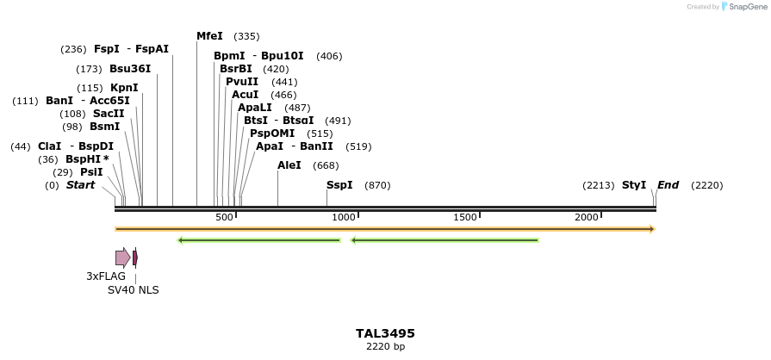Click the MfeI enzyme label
click(209, 36)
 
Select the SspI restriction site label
click(339, 185)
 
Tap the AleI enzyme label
click(289, 165)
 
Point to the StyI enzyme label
click(634, 185)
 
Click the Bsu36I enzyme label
click(130, 69)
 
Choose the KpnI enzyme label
click(124, 88)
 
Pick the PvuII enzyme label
click(242, 82)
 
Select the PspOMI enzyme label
click(272, 133)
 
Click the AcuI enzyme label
click(245, 95)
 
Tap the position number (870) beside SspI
click(377, 186)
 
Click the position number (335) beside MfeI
click(246, 37)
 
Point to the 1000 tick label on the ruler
click(344, 218)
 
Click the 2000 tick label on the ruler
click(587, 218)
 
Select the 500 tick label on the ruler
click(224, 218)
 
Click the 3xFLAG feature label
click(106, 276)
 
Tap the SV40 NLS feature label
click(133, 290)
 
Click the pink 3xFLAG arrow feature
click(122, 258)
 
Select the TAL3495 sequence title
click(385, 333)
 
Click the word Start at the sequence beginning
click(80, 185)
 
